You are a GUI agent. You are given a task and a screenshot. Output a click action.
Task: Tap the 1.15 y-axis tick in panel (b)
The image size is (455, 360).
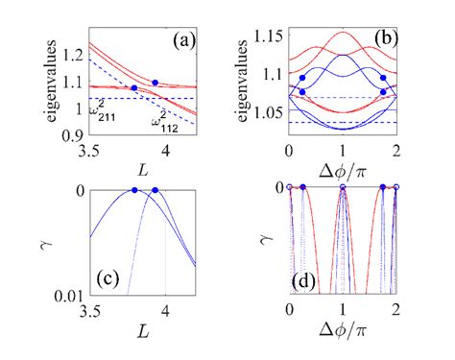click(269, 36)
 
